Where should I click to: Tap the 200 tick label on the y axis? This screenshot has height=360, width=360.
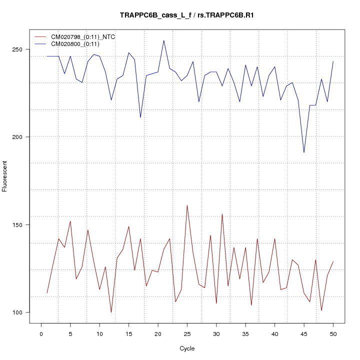pyautogui.click(x=19, y=137)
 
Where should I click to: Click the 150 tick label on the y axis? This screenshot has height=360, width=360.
pyautogui.click(x=19, y=225)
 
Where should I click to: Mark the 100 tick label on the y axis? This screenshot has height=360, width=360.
pyautogui.click(x=19, y=312)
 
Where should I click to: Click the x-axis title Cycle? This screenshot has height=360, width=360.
pyautogui.click(x=187, y=348)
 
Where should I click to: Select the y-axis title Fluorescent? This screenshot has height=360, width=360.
pyautogui.click(x=5, y=176)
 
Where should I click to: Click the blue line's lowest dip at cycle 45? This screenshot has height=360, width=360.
pyautogui.click(x=304, y=152)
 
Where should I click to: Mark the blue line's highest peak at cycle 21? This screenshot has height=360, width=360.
pyautogui.click(x=164, y=40)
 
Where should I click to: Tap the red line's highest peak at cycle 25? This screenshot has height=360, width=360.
pyautogui.click(x=187, y=205)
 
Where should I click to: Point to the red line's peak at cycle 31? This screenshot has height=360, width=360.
pyautogui.click(x=222, y=214)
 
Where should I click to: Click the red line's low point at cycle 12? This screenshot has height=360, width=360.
pyautogui.click(x=111, y=312)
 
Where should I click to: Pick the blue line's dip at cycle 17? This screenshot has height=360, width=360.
pyautogui.click(x=140, y=117)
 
